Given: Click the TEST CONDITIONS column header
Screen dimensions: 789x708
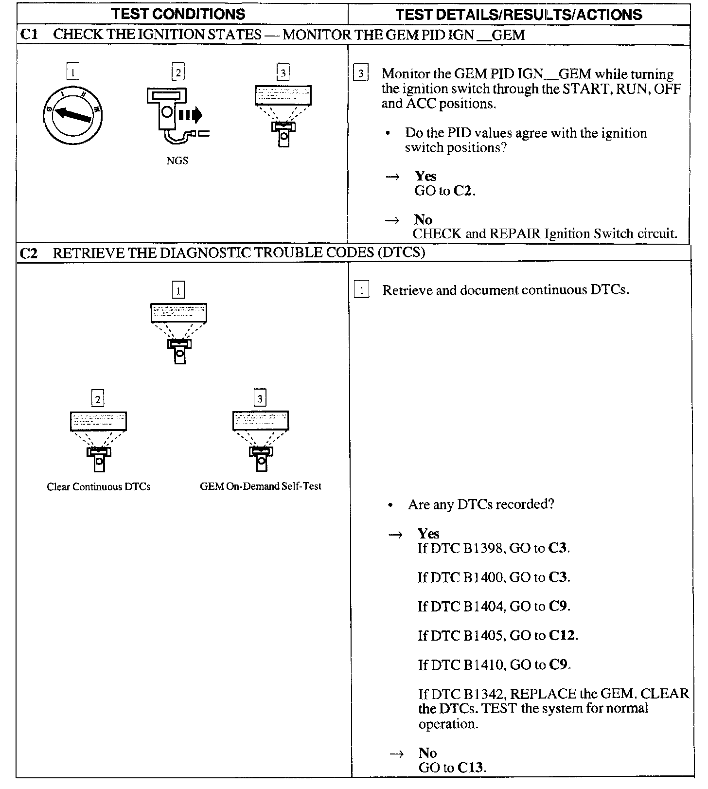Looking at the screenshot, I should (x=178, y=14).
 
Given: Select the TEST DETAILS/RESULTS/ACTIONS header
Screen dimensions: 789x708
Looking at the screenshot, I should (x=519, y=15).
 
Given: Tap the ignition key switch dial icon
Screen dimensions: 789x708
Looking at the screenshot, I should (x=72, y=115).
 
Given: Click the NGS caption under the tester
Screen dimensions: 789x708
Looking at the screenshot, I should (x=177, y=161).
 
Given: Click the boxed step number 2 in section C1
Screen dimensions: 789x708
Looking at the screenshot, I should (x=178, y=73).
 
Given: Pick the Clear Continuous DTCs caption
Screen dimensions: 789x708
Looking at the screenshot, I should (x=99, y=487).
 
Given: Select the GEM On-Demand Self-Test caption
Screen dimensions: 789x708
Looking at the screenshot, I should (x=261, y=486).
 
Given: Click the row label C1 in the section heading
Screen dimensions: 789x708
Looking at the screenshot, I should (x=29, y=35).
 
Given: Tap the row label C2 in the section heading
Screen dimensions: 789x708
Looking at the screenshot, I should (x=29, y=253).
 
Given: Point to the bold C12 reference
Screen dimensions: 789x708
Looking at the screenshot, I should (x=562, y=636).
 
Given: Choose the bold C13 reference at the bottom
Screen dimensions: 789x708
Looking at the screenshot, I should (x=471, y=768).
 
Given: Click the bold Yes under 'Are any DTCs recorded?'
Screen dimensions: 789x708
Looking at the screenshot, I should (x=428, y=534).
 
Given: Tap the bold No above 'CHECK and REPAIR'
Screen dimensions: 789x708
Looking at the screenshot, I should (x=423, y=219).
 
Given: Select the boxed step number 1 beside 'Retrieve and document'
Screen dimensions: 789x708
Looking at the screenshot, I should (x=362, y=291).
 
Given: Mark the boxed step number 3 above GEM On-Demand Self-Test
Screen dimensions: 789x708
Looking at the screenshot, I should (x=260, y=399).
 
